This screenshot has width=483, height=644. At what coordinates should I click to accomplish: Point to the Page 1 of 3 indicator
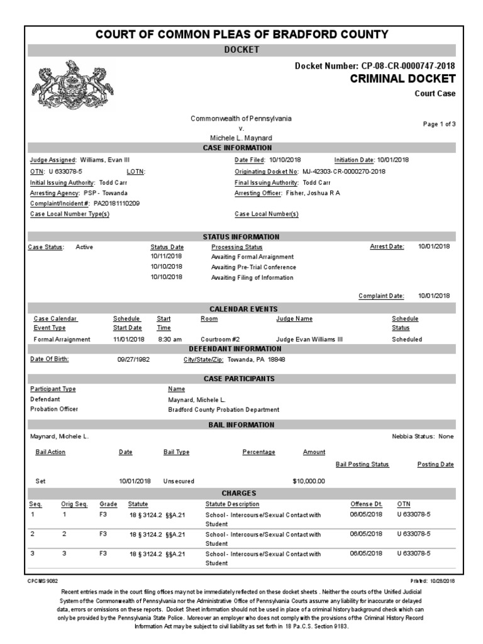click(x=439, y=124)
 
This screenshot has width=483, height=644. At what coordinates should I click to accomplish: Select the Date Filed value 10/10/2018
click(x=286, y=160)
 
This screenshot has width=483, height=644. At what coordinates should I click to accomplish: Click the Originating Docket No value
click(x=344, y=171)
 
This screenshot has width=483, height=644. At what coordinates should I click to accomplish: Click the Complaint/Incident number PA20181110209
click(x=116, y=204)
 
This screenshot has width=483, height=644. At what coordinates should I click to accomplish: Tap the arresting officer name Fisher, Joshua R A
click(x=313, y=193)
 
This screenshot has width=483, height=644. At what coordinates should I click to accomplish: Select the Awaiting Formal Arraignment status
click(x=252, y=257)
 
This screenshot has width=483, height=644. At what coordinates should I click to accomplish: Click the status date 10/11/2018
click(x=167, y=257)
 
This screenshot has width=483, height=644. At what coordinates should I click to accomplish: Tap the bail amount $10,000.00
click(x=309, y=481)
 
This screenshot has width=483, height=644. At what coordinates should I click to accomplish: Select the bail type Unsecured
click(x=179, y=481)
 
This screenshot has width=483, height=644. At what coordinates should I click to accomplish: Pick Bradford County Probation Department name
click(x=223, y=409)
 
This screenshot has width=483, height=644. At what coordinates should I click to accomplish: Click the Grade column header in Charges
click(x=108, y=504)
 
